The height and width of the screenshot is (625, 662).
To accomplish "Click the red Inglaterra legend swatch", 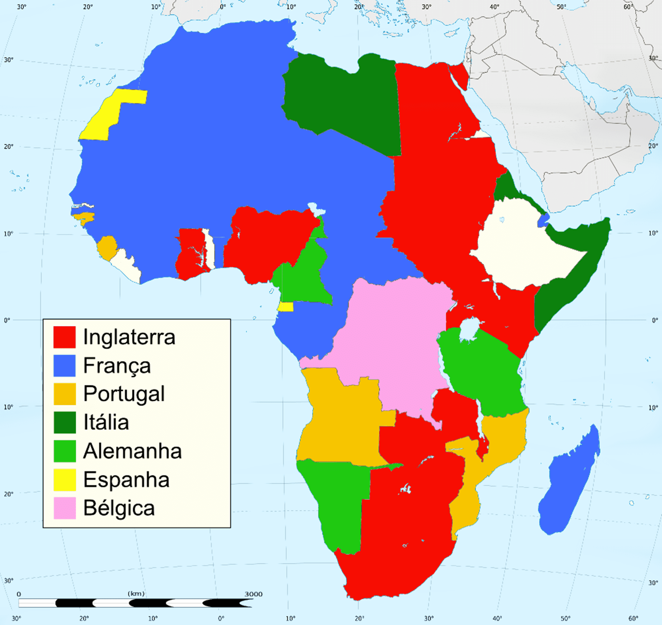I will pos(64,337).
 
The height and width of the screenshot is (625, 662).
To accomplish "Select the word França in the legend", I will pos(117,366).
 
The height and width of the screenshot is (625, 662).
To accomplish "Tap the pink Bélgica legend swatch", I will pos(65,508).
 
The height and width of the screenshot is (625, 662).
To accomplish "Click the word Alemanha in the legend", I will pos(132,451).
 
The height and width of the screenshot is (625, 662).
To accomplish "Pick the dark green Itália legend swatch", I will pos(65,422).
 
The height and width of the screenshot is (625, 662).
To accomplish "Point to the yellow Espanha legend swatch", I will pos(65,480).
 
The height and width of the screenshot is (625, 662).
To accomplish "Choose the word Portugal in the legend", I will pos(124,394).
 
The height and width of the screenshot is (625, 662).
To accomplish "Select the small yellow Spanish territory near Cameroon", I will pos(285,307).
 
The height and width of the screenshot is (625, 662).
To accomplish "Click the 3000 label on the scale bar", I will pos(253,594).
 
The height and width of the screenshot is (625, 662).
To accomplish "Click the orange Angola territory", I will pos(342,419).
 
